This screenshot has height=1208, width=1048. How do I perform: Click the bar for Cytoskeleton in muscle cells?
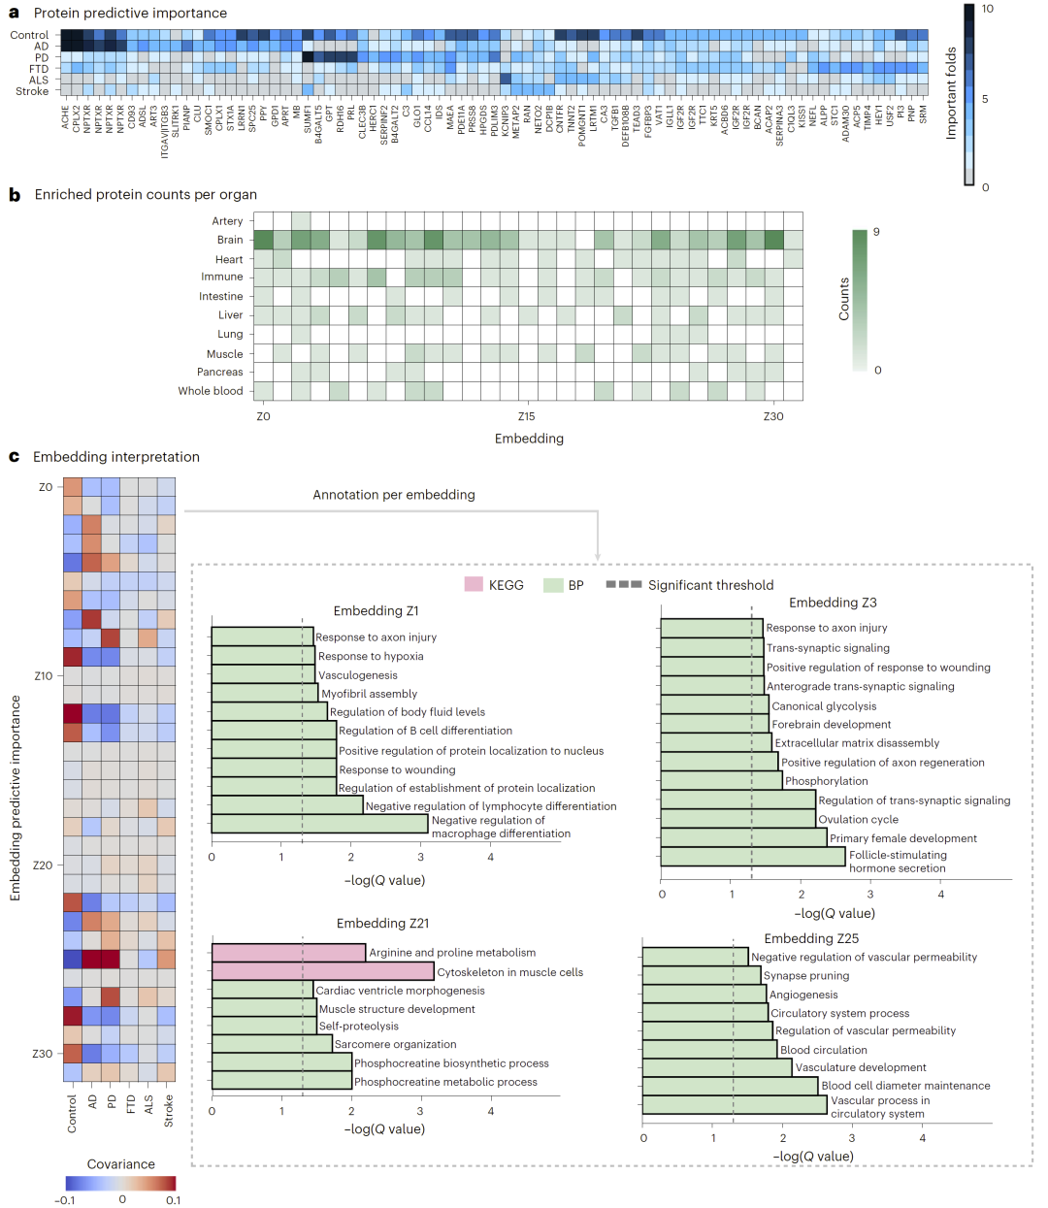pos(322,971)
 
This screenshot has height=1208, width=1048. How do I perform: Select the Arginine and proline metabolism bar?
pos(288,953)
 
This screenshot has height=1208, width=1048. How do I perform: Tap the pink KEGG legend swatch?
pos(474,585)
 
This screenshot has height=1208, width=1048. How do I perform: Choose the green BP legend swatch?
pos(553,585)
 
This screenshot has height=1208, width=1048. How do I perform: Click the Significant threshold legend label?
pos(710,585)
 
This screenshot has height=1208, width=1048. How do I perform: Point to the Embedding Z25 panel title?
pos(811,938)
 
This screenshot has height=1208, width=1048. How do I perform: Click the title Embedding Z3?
pos(833,603)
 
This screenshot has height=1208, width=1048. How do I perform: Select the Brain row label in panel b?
pos(230,240)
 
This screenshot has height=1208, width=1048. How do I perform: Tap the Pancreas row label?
pos(220,372)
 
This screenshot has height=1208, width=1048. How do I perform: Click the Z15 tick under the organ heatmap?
pos(526,416)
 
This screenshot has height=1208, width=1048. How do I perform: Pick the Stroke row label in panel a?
pos(32,91)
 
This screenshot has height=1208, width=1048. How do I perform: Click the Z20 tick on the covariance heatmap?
pos(43,865)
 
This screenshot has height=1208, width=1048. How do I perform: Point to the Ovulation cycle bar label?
pos(858,819)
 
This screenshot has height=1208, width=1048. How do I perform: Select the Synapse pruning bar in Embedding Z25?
pos(702,975)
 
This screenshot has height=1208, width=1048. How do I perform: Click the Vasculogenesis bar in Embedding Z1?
pos(263,674)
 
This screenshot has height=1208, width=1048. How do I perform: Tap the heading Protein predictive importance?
pos(130,13)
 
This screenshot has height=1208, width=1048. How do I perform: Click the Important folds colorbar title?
pos(951,92)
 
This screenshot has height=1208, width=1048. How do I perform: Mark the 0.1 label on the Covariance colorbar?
pos(173,1200)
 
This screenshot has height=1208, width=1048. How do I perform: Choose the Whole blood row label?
pos(211,391)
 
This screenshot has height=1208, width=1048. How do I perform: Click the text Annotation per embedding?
pos(394,495)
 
